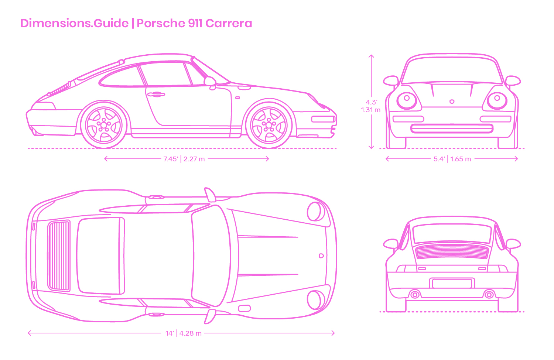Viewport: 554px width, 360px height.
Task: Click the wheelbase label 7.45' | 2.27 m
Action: click(x=184, y=159)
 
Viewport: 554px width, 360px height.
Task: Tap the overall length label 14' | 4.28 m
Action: click(x=184, y=333)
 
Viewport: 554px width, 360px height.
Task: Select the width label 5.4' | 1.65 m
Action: click(x=452, y=159)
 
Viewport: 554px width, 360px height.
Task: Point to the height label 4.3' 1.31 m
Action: click(x=371, y=106)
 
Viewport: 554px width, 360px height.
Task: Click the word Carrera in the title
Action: click(x=229, y=23)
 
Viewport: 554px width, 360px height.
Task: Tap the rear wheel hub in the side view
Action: click(x=104, y=125)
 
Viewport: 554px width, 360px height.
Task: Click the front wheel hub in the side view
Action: click(x=269, y=125)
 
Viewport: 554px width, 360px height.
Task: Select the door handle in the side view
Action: click(x=155, y=95)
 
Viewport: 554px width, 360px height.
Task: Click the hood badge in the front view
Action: click(x=452, y=102)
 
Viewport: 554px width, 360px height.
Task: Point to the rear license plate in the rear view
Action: click(x=452, y=283)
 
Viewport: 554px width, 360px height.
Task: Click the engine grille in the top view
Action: click(x=59, y=256)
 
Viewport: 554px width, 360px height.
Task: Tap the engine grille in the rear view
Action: click(x=452, y=251)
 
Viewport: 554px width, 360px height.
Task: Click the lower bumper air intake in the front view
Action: click(x=452, y=128)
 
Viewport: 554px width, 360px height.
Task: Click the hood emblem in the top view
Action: click(x=321, y=256)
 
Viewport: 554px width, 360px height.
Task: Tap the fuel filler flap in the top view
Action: click(x=244, y=308)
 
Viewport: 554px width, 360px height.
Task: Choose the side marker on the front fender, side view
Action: click(x=237, y=97)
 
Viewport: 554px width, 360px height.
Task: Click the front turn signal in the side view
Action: click(x=323, y=119)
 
